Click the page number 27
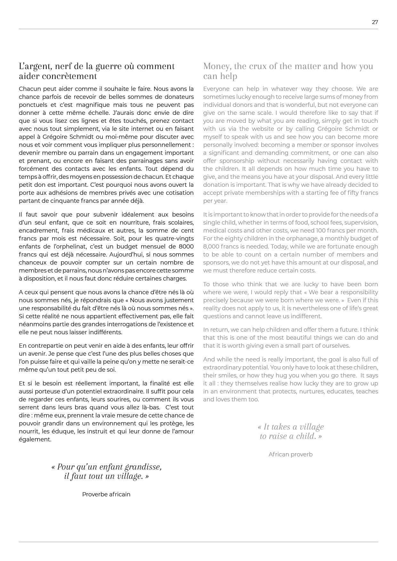point(375,22)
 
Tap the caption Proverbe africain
point(106,494)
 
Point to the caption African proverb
point(290,454)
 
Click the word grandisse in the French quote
point(143,467)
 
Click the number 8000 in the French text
point(186,247)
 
